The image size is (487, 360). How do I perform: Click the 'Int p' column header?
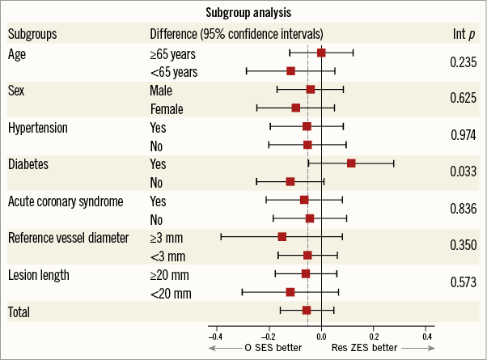pos(462,34)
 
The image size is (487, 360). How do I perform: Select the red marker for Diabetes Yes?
pos(351,163)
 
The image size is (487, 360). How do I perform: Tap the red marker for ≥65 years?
pos(321,53)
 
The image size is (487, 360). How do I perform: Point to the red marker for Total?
pos(307,310)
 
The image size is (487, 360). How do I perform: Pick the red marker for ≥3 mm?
pos(282,237)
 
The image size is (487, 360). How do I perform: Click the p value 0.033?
pos(462,172)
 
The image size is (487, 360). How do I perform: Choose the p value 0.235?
pos(462,61)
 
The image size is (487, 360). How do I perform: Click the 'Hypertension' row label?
pos(37,128)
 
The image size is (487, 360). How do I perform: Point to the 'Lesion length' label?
pos(39,274)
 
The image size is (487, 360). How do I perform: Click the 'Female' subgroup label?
pos(167,108)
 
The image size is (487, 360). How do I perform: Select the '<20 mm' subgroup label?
pos(168,292)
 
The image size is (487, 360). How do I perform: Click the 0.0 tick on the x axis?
pos(321,336)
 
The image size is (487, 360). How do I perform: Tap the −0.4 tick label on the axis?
pos(215,336)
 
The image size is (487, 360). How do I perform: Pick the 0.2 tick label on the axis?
pos(374,336)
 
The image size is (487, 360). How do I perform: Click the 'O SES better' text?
pos(273,348)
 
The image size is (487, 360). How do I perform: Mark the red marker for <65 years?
pos(291,71)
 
